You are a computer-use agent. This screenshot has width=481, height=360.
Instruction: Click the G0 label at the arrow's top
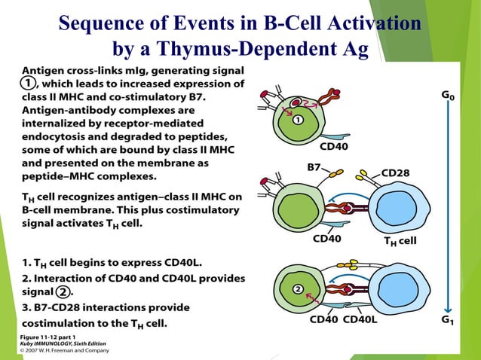448,96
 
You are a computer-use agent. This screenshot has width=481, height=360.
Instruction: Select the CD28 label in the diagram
396,172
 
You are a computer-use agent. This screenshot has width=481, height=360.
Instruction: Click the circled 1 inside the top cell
298,119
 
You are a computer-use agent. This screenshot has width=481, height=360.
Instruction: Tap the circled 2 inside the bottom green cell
298,288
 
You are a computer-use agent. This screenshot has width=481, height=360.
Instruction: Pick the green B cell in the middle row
296,208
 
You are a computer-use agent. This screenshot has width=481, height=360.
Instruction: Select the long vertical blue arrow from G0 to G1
449,211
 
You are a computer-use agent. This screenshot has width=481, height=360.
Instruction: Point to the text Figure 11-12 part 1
47,335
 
